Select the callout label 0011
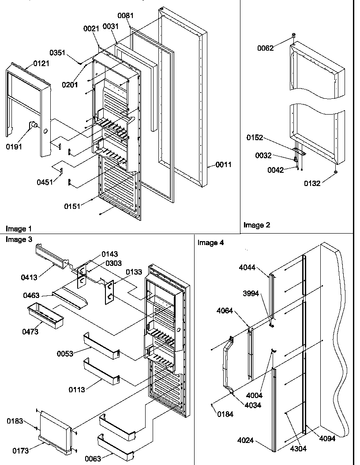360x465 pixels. pyautogui.click(x=223, y=165)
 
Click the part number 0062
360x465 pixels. pyautogui.click(x=266, y=48)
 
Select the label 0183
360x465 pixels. pyautogui.click(x=15, y=421)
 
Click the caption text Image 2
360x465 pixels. pyautogui.click(x=256, y=225)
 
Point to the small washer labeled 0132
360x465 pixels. pyautogui.click(x=336, y=171)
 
